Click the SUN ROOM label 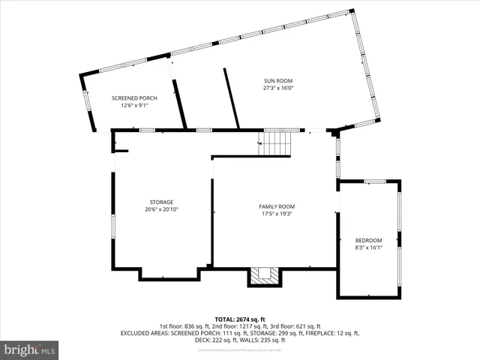pos(277,81)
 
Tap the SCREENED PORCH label pos(135,98)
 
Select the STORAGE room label pos(161,202)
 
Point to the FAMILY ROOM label pos(277,206)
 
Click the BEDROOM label pos(368,240)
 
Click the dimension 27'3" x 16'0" pos(277,88)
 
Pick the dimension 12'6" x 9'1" pos(135,106)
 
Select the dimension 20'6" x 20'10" pos(161,209)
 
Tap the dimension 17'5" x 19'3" pos(277,214)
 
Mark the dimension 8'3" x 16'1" pos(368,247)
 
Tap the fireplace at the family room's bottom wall pos(263,276)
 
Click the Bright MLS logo pos(29,349)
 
